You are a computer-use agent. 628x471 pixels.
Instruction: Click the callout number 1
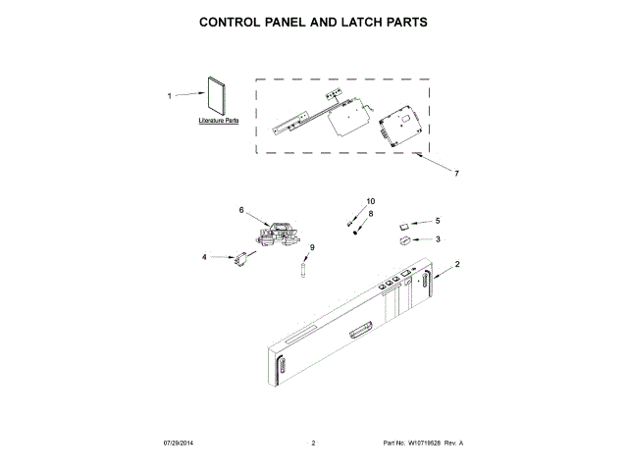pos(170,96)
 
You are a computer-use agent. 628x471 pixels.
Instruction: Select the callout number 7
pos(455,174)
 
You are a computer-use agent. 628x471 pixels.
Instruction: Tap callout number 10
pos(370,201)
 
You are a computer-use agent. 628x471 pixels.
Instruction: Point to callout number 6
pos(240,209)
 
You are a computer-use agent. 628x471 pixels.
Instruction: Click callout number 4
pos(205,257)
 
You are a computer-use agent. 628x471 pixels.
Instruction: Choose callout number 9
pos(312,247)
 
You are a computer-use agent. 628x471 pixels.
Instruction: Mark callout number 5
pos(438,221)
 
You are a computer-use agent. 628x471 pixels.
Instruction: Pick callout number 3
pos(438,238)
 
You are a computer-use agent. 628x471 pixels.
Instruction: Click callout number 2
pos(457,264)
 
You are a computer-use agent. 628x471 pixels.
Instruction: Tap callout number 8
pos(370,213)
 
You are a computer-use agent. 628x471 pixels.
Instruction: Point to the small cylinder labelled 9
pos(304,267)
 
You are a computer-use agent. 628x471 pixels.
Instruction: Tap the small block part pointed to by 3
pos(405,238)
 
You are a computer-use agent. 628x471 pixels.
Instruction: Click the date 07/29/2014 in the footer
pos(182,444)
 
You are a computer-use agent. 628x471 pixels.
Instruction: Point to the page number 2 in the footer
pos(313,444)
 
